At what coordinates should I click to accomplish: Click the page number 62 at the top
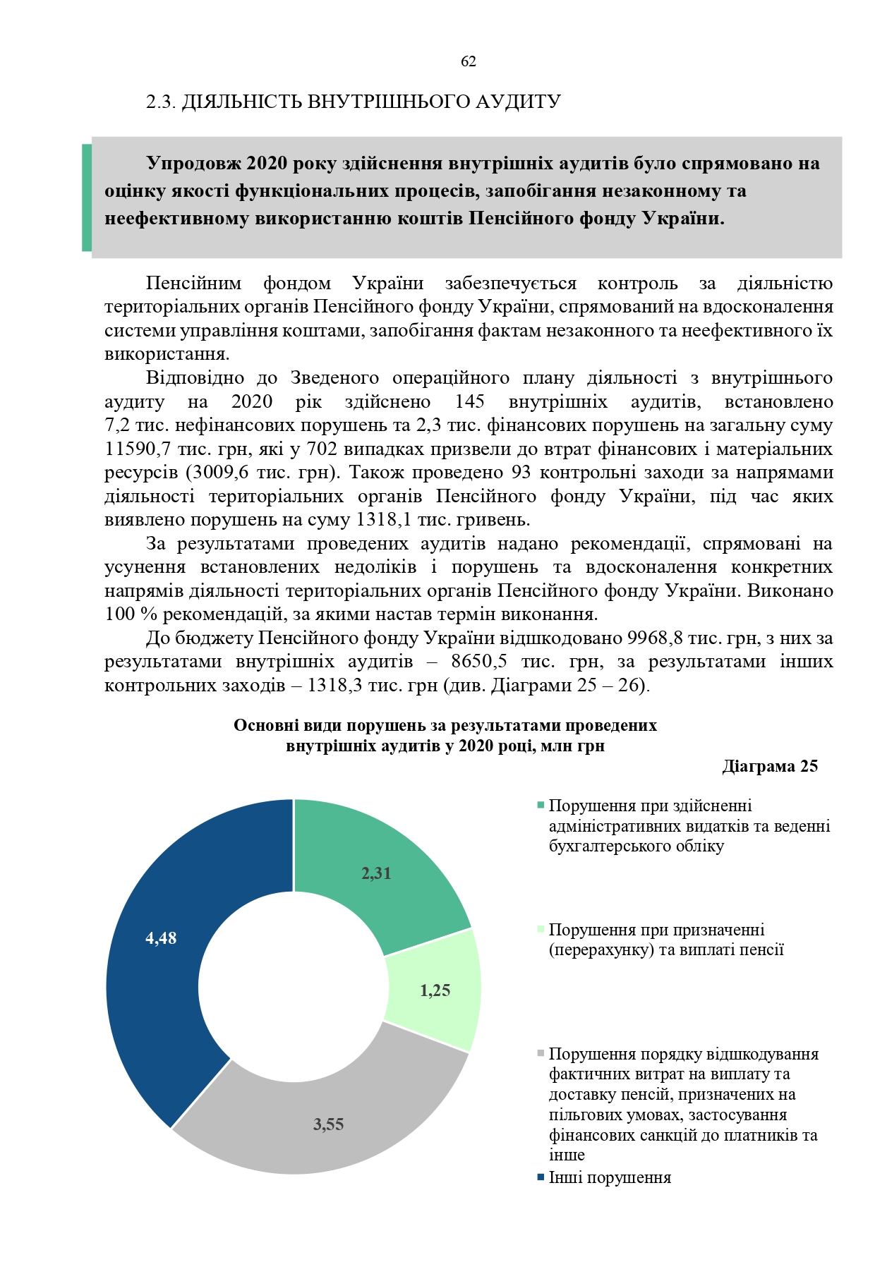point(468,62)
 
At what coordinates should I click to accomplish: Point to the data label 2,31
point(376,873)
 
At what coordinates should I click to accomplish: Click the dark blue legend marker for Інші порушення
point(541,1177)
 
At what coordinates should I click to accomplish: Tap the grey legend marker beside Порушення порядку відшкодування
point(541,1054)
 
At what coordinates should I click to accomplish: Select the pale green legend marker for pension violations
point(541,930)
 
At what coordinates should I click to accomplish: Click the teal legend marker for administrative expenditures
point(541,806)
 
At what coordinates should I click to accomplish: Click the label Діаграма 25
point(770,767)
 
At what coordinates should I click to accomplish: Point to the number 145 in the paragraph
point(469,402)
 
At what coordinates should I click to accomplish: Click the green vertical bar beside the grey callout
point(87,198)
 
